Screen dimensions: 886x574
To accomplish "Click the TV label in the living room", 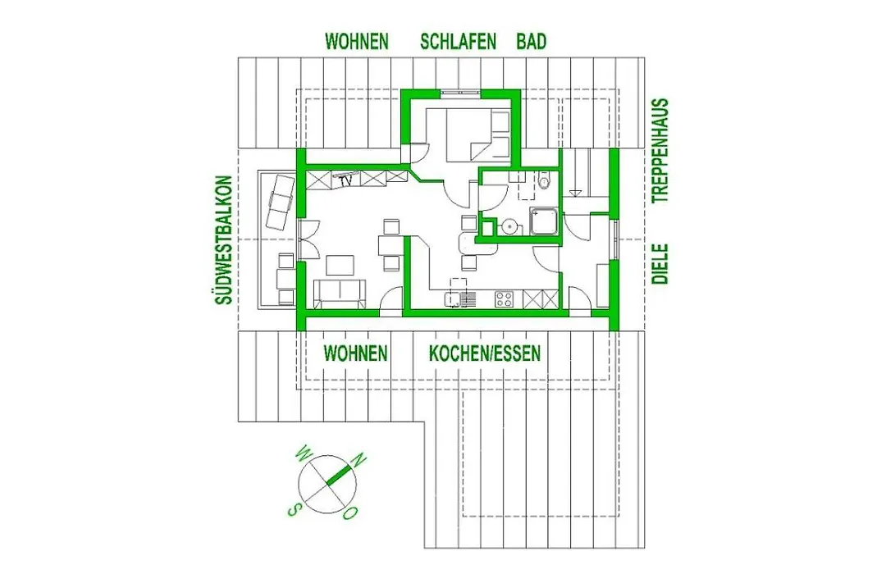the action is (x=346, y=180).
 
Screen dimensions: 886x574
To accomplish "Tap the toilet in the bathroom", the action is (x=544, y=180).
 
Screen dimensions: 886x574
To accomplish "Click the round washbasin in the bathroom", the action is (x=511, y=226).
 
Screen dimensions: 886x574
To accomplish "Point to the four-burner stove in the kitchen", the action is (x=504, y=298).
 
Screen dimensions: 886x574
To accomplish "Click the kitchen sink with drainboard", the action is (x=460, y=298).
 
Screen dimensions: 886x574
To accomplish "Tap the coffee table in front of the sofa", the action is (x=340, y=265).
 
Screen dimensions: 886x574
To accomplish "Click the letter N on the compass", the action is (x=359, y=460).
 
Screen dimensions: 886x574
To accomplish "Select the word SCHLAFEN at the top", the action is (x=459, y=42).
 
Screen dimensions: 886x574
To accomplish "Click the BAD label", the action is (x=531, y=42).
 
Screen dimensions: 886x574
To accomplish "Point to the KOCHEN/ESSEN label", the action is (x=485, y=353).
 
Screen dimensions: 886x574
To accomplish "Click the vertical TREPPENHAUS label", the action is (x=660, y=151).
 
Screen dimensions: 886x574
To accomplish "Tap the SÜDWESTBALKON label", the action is (x=224, y=241).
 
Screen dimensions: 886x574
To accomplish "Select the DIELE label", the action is (x=660, y=264).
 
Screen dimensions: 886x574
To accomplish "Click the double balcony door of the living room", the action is (x=308, y=238).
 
